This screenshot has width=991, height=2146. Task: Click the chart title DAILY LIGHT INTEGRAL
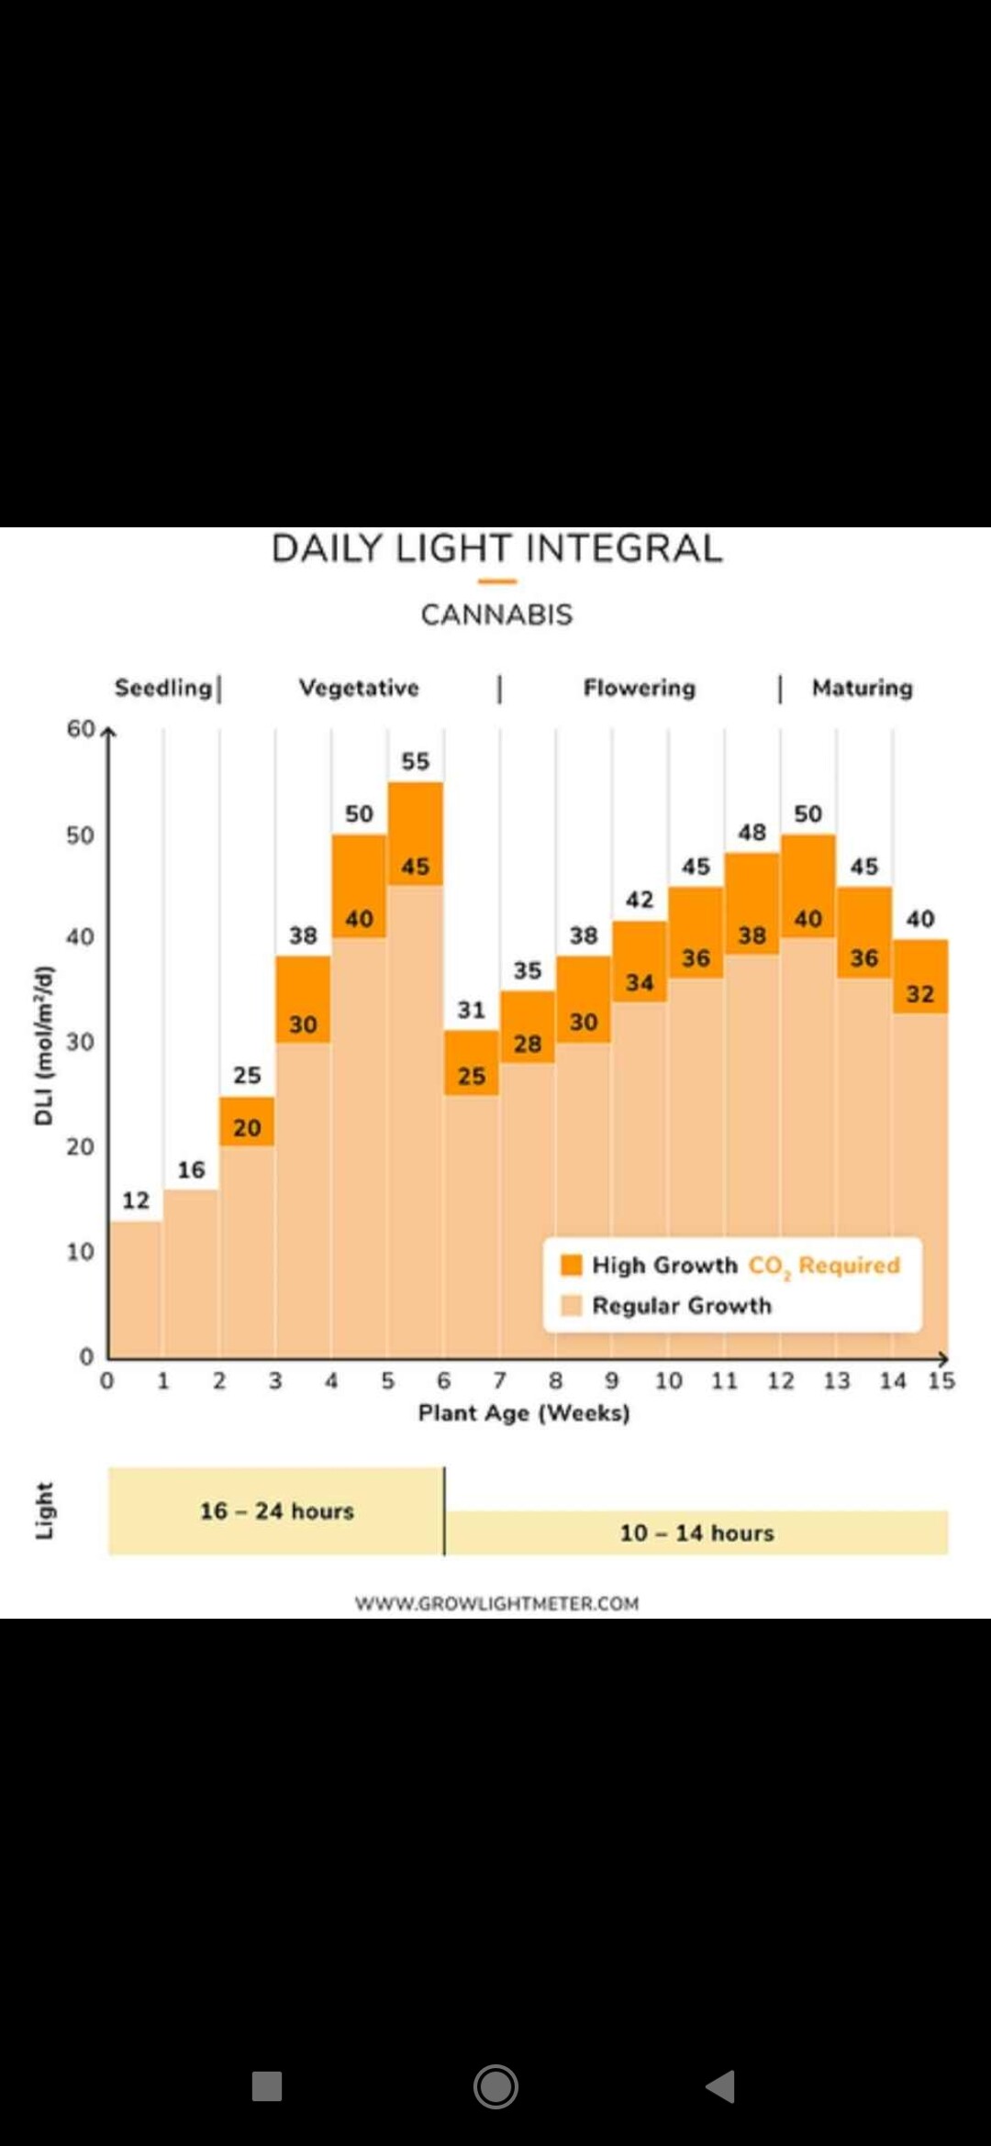(x=496, y=548)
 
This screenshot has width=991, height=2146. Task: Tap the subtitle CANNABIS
(x=496, y=614)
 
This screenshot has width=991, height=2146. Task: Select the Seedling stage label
(x=163, y=688)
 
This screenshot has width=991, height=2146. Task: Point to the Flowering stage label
(x=640, y=688)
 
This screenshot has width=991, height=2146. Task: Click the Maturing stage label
(x=862, y=688)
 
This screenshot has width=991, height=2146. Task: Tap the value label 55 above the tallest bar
(x=415, y=761)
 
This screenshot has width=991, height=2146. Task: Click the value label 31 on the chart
(x=471, y=1010)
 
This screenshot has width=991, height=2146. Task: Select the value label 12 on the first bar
(x=136, y=1200)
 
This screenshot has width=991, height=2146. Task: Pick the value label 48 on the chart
(x=752, y=832)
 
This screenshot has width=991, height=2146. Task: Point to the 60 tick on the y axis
(x=80, y=729)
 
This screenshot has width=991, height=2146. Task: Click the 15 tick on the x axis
(x=941, y=1380)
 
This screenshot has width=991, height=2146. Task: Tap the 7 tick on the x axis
(x=499, y=1380)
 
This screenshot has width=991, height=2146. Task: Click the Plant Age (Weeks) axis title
(x=524, y=1412)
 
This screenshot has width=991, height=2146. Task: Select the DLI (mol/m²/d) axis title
(x=43, y=1045)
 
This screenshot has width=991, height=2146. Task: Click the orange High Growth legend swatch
(x=572, y=1265)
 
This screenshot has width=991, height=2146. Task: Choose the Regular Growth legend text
(x=682, y=1305)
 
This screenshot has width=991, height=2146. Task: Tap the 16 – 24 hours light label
(x=277, y=1510)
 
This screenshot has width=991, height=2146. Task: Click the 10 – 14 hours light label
(x=697, y=1532)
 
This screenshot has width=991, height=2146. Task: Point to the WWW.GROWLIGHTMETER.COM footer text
(x=496, y=1603)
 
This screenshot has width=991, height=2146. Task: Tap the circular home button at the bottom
(x=495, y=2086)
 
